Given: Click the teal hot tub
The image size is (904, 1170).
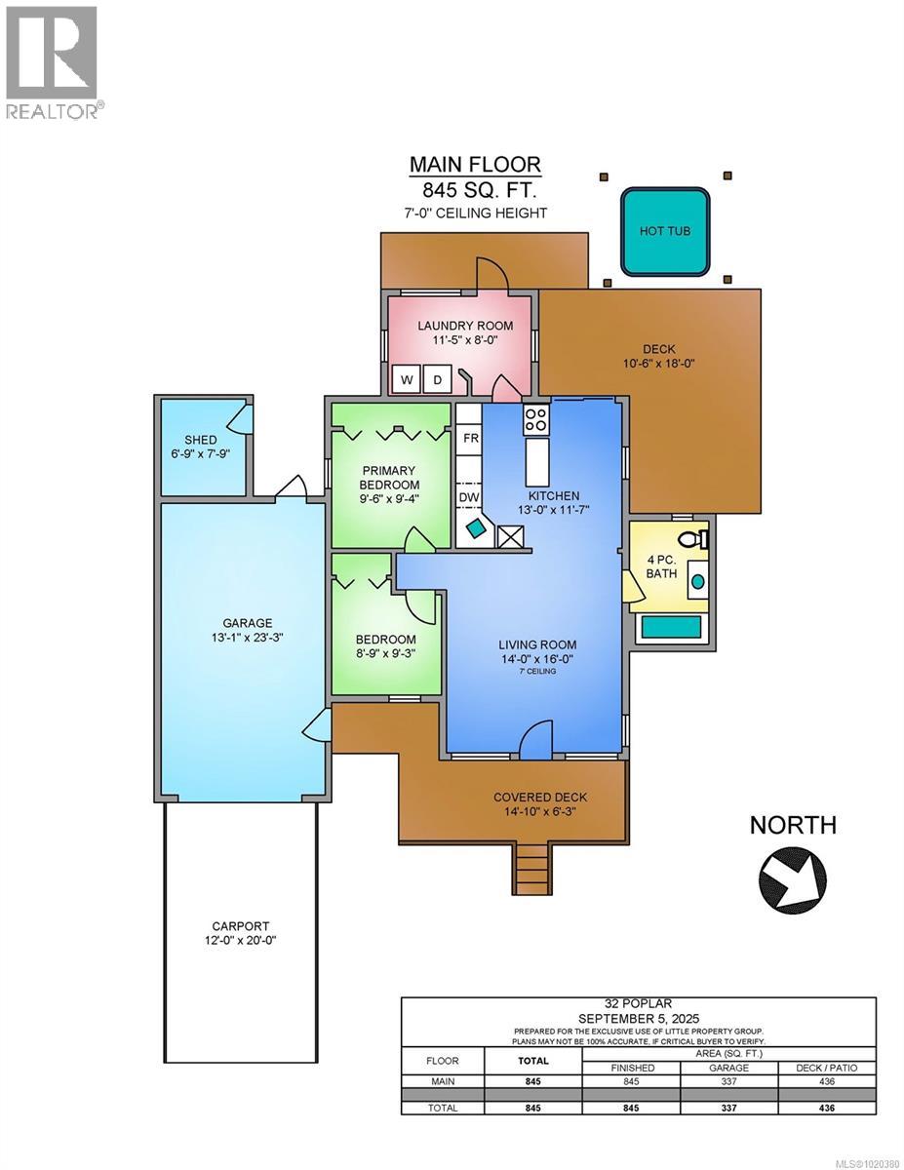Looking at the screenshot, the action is tap(664, 231).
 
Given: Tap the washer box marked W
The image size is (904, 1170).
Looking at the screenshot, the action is tap(406, 379).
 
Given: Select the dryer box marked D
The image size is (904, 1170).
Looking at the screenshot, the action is tap(437, 379).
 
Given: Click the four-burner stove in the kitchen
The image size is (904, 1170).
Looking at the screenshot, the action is tap(536, 419).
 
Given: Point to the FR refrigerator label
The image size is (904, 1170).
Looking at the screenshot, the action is tap(471, 439).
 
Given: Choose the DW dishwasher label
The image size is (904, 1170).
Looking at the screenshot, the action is tap(469, 497).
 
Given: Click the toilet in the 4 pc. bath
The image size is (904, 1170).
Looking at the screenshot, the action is tap(694, 538).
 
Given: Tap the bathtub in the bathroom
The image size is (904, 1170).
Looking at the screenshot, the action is tap(671, 627).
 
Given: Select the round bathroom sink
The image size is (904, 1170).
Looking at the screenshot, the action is tap(698, 581).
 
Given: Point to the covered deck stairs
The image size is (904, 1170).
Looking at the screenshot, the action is tap(532, 869).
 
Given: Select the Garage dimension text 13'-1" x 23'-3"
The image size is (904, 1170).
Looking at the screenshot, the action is tap(247, 638).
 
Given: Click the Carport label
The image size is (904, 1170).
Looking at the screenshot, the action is tap(240, 926).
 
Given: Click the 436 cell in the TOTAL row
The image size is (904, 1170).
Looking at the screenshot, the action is tap(826, 1108).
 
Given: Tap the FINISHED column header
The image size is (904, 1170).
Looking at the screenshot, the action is tap(631, 1068).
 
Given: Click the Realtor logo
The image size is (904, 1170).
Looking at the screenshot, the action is tap(52, 62).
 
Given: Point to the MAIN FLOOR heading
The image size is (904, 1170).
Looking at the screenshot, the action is tap(475, 164).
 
